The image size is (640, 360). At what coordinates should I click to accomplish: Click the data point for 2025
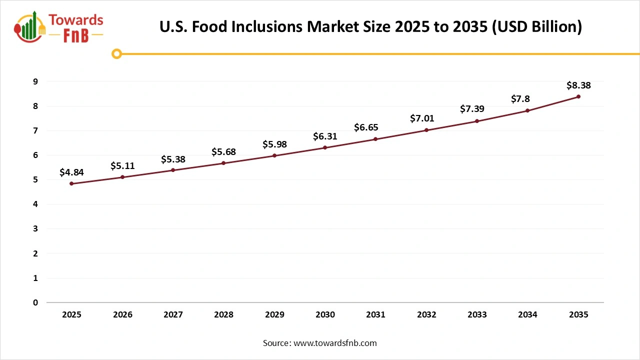point(71,183)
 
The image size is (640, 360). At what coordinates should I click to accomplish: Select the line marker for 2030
point(325,147)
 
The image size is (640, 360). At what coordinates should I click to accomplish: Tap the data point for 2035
point(578,96)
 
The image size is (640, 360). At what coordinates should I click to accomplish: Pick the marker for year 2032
point(426,130)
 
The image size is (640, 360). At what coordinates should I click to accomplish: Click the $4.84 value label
point(71,172)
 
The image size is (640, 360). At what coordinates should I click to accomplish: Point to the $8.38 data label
point(578,85)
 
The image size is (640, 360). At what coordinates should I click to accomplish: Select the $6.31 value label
point(325,136)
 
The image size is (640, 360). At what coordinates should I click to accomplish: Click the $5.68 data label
point(223,152)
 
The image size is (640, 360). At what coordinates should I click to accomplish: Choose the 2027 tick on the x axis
point(173,315)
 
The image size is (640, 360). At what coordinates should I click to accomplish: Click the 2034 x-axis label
point(527,315)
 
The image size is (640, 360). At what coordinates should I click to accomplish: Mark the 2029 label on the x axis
point(274,315)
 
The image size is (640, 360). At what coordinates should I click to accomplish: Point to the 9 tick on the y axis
point(35,81)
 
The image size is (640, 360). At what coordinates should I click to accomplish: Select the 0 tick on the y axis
point(35,302)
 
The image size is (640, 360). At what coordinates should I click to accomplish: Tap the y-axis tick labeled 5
point(35,180)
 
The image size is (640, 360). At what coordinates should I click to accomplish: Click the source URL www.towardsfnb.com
point(335,343)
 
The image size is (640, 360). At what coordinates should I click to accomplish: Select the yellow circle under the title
point(116,53)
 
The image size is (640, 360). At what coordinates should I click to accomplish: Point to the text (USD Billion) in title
point(537,27)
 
